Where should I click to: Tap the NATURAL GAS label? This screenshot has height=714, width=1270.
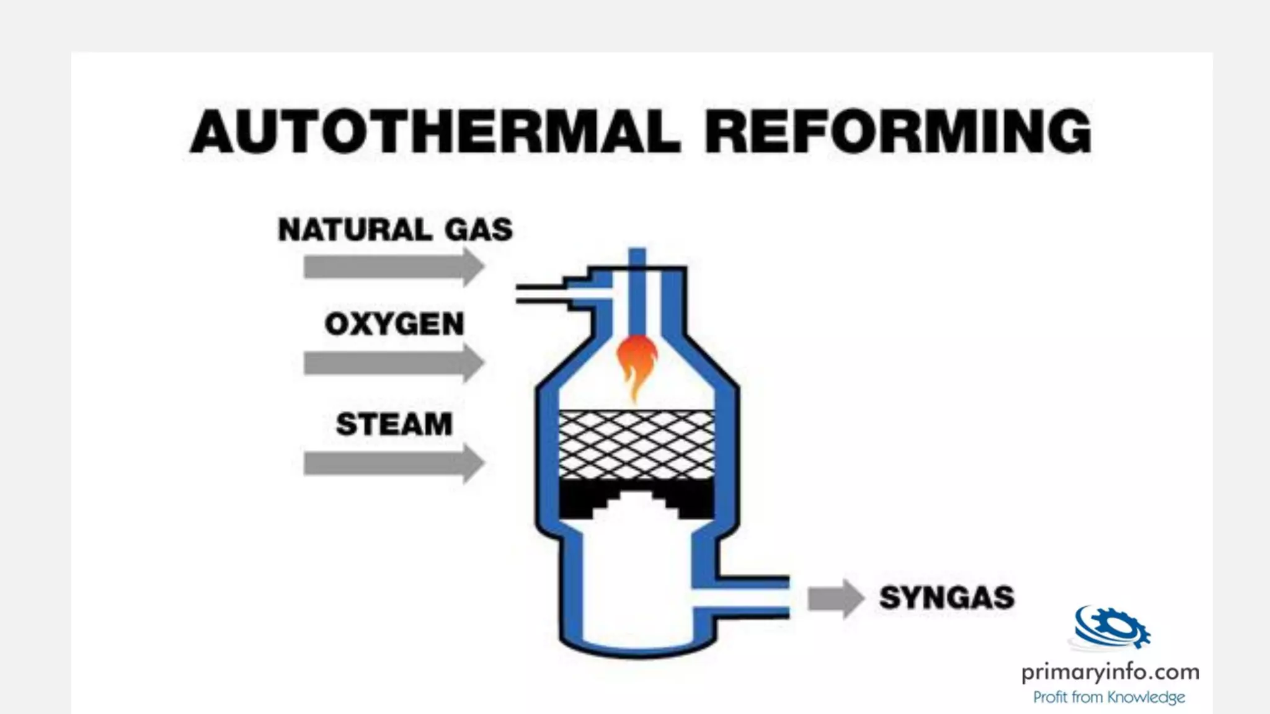point(395,229)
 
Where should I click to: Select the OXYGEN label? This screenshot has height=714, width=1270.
point(394,324)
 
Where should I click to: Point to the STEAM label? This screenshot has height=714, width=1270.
point(394,425)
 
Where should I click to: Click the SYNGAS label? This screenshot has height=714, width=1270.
point(946,597)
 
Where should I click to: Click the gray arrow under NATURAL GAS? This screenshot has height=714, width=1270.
point(393,267)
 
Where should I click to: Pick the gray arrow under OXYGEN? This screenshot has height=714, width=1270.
point(393,363)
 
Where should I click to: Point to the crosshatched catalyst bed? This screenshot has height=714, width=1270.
point(637,445)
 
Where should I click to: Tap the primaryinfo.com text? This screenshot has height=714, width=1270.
point(1110,672)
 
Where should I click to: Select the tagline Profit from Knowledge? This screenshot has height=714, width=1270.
point(1109,698)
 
